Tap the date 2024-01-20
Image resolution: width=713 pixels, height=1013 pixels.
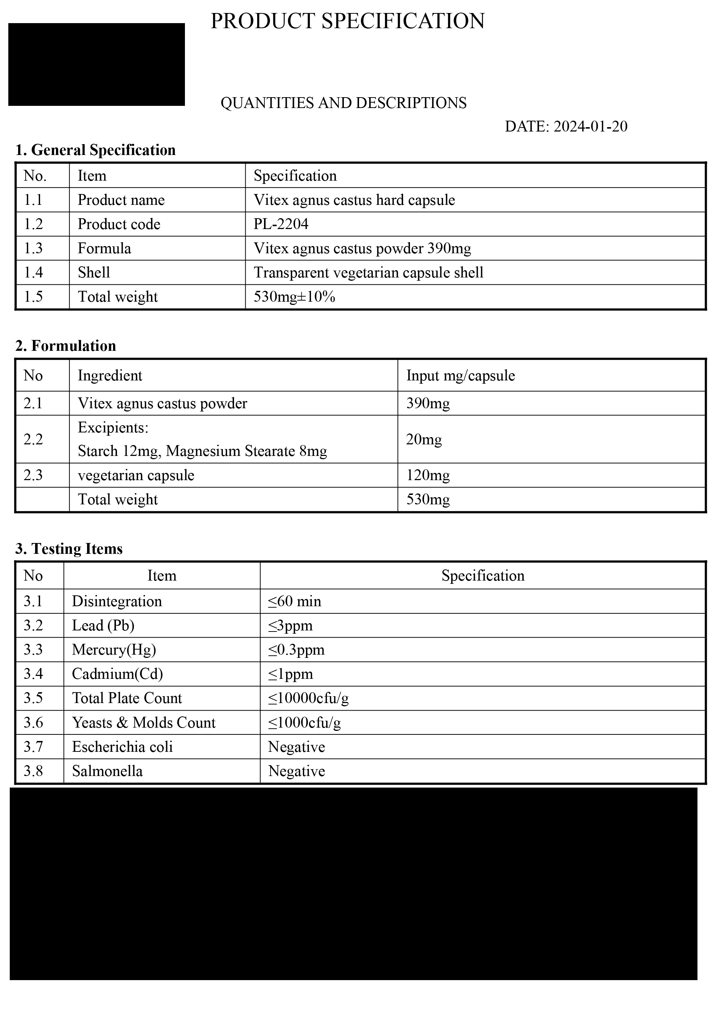[590, 126]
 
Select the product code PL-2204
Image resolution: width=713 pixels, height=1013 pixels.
[281, 224]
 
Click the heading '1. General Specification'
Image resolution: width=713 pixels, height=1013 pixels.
[95, 150]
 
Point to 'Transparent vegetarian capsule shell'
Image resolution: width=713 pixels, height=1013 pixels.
[368, 273]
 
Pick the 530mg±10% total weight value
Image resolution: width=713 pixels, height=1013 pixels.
[294, 297]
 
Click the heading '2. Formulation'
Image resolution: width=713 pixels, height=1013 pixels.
[66, 345]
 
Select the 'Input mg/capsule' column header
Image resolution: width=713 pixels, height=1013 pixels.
[460, 375]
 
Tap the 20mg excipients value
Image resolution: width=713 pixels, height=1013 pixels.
[424, 439]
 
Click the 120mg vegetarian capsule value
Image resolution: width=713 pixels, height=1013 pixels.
[428, 475]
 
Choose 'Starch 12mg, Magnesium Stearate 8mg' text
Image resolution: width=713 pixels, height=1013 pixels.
[202, 451]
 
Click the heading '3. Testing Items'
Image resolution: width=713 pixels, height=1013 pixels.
[69, 548]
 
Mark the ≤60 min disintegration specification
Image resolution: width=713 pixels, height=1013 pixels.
[294, 602]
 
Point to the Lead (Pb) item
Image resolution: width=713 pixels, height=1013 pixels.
[103, 625]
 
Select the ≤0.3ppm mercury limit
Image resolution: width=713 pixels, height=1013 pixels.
[296, 650]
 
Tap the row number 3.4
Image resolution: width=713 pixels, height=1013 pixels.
[33, 674]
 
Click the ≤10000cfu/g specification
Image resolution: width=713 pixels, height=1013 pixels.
[308, 698]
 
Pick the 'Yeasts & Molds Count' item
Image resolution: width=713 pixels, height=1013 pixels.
[144, 722]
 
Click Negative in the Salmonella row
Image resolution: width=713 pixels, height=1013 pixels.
[297, 771]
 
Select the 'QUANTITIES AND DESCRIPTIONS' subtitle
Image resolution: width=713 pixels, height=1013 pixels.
[343, 103]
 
